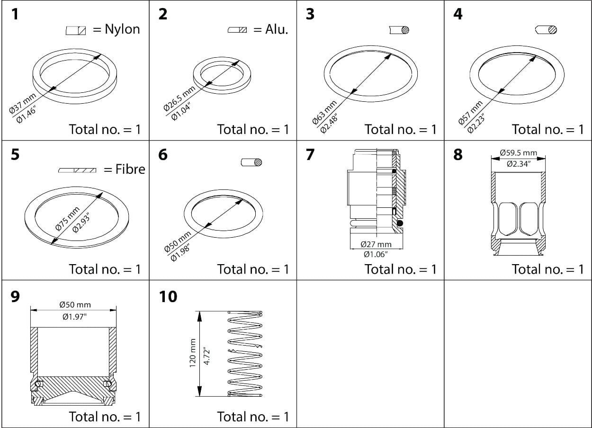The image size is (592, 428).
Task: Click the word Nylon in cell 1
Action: coord(122,29)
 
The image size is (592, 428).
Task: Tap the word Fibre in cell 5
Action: coord(130,169)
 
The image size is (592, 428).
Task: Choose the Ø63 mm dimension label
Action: coord(325,112)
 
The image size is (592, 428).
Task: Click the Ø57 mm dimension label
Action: coord(470,113)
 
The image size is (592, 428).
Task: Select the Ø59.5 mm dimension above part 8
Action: coord(518,153)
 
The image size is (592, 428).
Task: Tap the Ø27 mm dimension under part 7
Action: coord(376,244)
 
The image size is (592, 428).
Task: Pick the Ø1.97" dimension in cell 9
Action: coord(74,317)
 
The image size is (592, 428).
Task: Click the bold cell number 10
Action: coord(168,297)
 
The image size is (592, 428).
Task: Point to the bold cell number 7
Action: coord(310,154)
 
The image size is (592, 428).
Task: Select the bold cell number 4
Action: coord(457,14)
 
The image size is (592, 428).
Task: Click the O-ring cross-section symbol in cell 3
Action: coord(399,30)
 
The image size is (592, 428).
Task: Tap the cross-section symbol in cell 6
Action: coord(251,162)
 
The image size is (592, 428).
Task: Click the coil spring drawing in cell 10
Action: coord(245,354)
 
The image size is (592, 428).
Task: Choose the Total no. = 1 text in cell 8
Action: coord(547,269)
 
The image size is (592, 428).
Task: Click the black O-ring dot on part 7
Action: coord(400,223)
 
